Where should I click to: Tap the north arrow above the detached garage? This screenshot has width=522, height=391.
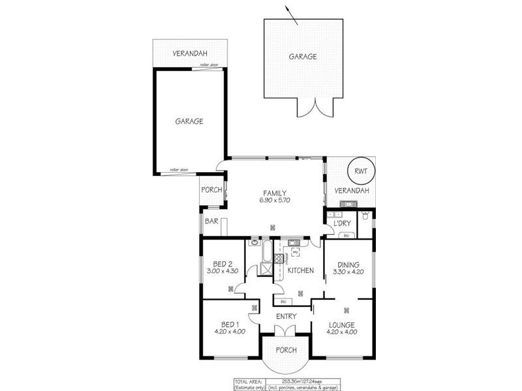[x=291, y=14]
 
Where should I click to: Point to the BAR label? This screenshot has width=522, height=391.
[x=211, y=222]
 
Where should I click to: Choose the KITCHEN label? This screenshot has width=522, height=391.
[x=301, y=270]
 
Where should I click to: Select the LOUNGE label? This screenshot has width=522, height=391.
[x=342, y=325]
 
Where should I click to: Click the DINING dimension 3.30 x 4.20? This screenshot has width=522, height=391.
[x=349, y=273]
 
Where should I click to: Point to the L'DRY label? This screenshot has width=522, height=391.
[x=342, y=224]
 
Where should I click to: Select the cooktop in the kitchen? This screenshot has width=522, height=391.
[x=278, y=258]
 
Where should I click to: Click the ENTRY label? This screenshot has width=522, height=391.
[x=286, y=317]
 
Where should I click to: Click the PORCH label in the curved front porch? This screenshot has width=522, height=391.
[x=286, y=350]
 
